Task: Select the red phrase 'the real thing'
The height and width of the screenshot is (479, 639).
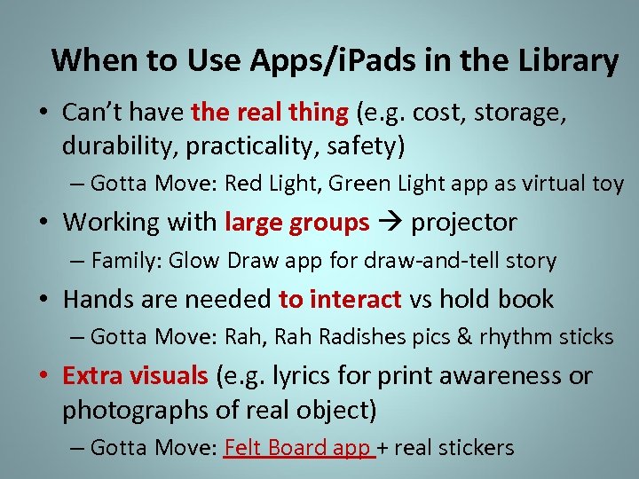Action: (270, 113)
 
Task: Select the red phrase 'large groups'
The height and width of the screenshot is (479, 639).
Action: (297, 222)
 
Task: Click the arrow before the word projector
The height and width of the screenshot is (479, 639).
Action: (390, 222)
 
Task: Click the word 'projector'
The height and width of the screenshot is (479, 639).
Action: (463, 222)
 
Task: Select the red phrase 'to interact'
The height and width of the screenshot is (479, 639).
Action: (340, 299)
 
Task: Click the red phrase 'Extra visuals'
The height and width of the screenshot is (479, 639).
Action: (134, 375)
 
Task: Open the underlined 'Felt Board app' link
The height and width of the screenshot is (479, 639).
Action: (298, 447)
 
